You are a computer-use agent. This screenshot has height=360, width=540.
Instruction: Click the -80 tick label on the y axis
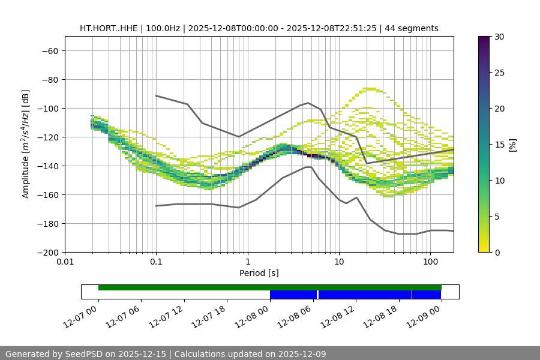tap(49, 80)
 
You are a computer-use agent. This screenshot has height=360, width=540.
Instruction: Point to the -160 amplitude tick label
tap(46, 195)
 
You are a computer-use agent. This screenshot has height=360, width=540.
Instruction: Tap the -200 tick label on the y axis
tap(46, 253)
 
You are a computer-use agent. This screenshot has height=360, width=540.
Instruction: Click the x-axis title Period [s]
tap(259, 273)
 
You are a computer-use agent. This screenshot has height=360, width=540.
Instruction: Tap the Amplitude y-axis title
tap(26, 144)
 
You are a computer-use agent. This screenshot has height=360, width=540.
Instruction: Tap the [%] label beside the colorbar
tap(512, 145)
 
